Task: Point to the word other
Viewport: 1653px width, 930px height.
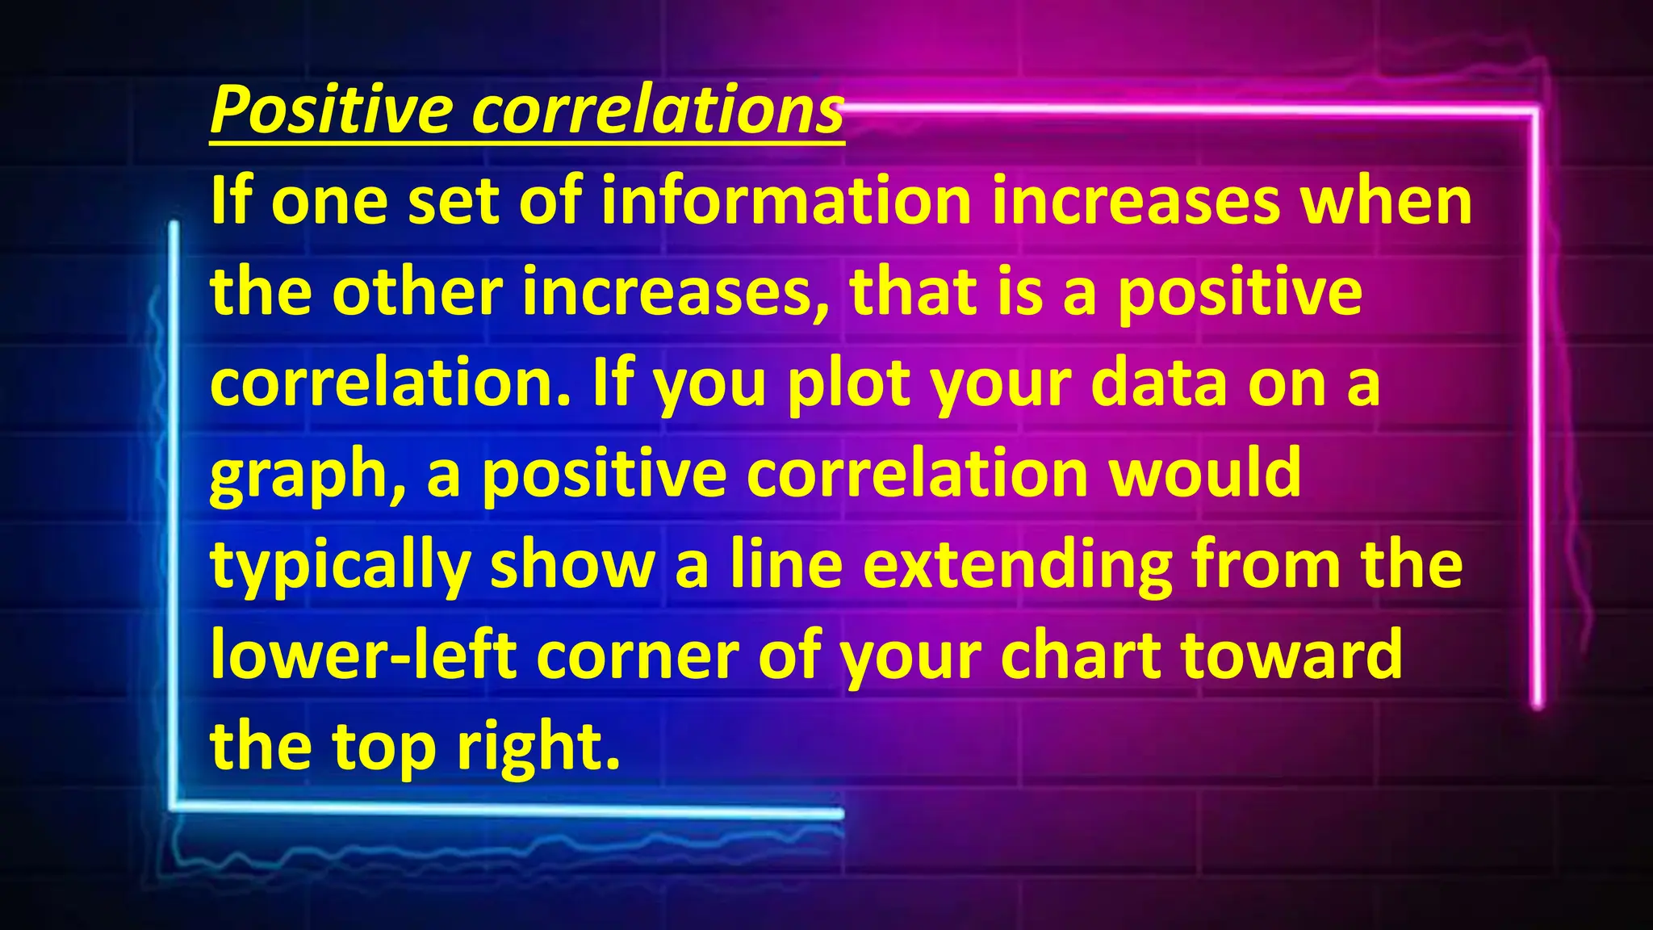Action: coord(417,291)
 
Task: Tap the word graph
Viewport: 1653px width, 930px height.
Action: coord(307,475)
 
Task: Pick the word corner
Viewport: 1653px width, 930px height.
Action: coord(637,656)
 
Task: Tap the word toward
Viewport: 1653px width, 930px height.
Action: coord(1292,655)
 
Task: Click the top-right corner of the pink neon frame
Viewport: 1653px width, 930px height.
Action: coord(1534,111)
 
